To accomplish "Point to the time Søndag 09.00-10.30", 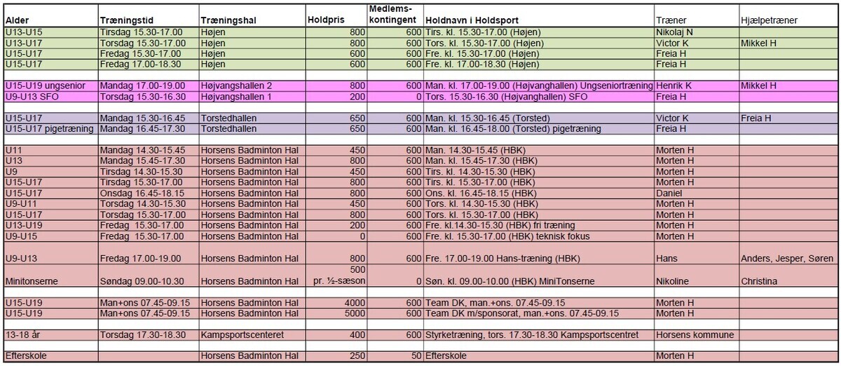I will pos(142,280).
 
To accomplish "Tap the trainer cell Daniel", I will pos(669,193).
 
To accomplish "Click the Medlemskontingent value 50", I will pos(416,357).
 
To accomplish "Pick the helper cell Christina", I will pos(760,280).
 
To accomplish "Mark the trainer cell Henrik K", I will pos(674,86).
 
